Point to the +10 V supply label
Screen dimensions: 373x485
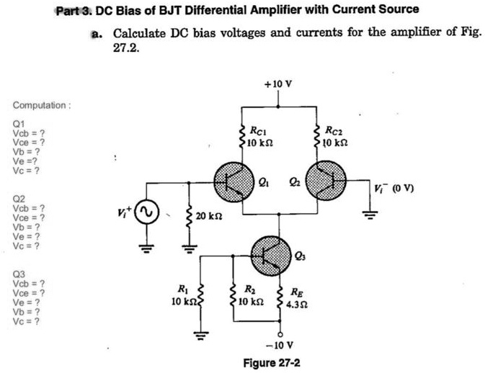pos(278,84)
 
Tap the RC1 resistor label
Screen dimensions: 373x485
pos(258,136)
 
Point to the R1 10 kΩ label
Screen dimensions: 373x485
pos(182,295)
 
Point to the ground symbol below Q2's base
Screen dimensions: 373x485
pos(370,215)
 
